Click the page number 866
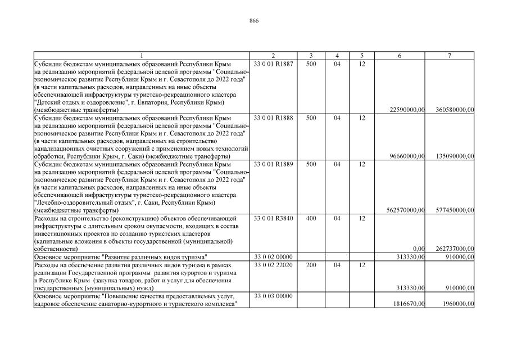point(253,20)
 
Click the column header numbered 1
point(142,56)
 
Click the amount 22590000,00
point(407,110)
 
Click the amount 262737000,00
point(455,249)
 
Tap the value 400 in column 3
point(311,218)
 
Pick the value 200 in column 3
point(311,264)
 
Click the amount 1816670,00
point(409,304)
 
